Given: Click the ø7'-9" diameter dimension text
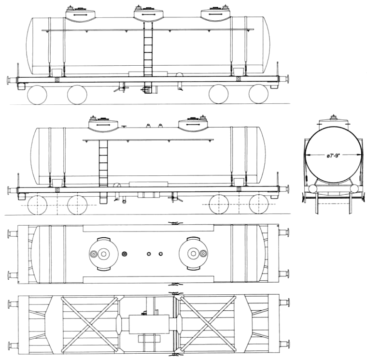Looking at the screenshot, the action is pyautogui.click(x=333, y=156).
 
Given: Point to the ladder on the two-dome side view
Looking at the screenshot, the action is pyautogui.click(x=103, y=163).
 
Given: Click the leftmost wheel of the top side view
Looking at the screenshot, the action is pyautogui.click(x=37, y=95).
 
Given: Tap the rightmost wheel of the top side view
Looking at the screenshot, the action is pyautogui.click(x=258, y=94).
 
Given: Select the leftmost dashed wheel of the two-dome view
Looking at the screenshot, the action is pyautogui.click(x=37, y=205).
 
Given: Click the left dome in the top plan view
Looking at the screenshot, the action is pyautogui.click(x=103, y=254).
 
